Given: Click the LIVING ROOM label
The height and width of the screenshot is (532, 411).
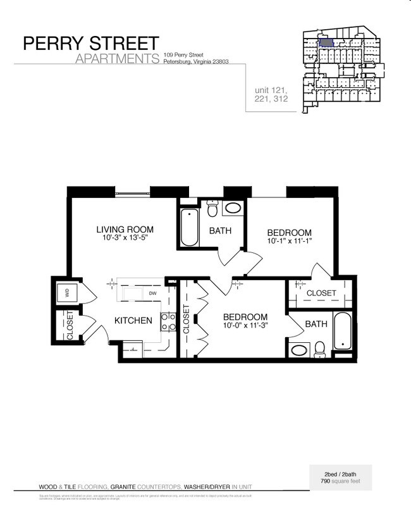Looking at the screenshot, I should pyautogui.click(x=125, y=230).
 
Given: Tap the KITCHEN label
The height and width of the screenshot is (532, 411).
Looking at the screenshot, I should pyautogui.click(x=133, y=321).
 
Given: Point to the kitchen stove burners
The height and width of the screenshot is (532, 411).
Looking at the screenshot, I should pyautogui.click(x=168, y=322).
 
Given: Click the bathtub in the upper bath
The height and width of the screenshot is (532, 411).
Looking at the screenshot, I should pyautogui.click(x=190, y=227).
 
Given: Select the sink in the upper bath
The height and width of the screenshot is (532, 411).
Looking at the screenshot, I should pyautogui.click(x=233, y=207).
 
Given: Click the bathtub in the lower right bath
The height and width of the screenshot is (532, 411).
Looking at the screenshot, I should pyautogui.click(x=342, y=331).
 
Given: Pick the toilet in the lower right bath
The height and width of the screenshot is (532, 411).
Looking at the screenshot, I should pyautogui.click(x=320, y=348).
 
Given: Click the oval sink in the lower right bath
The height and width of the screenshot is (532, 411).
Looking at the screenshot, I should pyautogui.click(x=298, y=349).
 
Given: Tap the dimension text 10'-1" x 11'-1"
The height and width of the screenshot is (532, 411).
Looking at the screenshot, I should pyautogui.click(x=290, y=241).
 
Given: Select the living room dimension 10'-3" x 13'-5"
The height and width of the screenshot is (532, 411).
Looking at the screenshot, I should pyautogui.click(x=125, y=238).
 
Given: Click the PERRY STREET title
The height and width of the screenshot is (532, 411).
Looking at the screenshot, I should pyautogui.click(x=90, y=43).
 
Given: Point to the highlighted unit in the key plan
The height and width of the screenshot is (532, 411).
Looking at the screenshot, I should pyautogui.click(x=326, y=43).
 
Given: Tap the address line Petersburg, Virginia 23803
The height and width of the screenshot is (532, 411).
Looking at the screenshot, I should pyautogui.click(x=195, y=62).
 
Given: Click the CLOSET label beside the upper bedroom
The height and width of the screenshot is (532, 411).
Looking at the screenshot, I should pyautogui.click(x=321, y=293).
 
